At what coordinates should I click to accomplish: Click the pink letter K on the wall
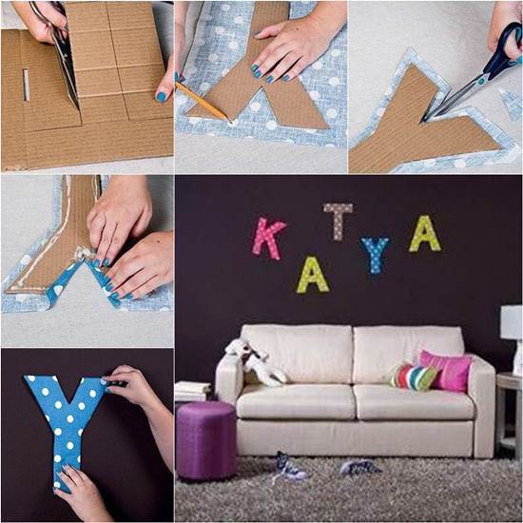point(269,238)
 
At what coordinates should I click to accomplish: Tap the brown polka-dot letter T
point(338,220)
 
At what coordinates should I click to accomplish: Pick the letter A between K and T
point(313,275)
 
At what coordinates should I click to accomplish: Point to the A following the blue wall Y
point(424,234)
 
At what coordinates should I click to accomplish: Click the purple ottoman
point(205,438)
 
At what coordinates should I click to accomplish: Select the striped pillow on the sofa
point(413,376)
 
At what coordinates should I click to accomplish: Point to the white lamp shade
point(513,323)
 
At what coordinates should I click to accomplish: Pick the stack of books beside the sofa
point(193,391)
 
